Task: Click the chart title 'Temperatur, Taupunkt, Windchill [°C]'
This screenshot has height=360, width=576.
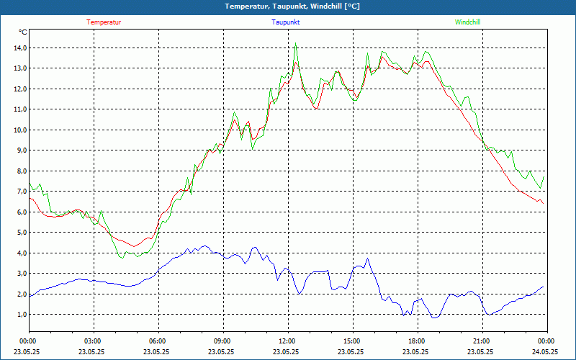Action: point(287,6)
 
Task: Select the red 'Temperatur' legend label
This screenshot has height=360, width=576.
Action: point(104,22)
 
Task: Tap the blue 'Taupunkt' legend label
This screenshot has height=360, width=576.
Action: point(286,22)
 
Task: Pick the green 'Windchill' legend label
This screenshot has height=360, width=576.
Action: point(467,22)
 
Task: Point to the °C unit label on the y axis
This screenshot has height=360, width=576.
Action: point(23,32)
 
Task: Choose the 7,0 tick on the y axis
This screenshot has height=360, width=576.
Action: point(20,192)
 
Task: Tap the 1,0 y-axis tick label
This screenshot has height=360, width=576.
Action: point(20,315)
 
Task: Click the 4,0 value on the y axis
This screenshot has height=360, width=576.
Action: point(20,253)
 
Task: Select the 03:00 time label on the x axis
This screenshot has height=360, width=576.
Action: point(93,341)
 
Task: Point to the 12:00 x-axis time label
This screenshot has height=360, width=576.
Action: point(287,341)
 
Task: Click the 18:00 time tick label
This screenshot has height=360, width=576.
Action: point(417,341)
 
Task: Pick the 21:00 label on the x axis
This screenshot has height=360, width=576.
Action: point(482,341)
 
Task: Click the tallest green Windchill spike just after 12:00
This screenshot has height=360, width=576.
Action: point(295,43)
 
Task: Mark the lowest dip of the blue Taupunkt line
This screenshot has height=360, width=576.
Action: point(434,318)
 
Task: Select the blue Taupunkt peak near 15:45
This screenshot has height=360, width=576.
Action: point(368,258)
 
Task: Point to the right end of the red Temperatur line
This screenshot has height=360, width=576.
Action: point(543,204)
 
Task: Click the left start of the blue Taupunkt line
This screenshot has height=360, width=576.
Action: point(30,295)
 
